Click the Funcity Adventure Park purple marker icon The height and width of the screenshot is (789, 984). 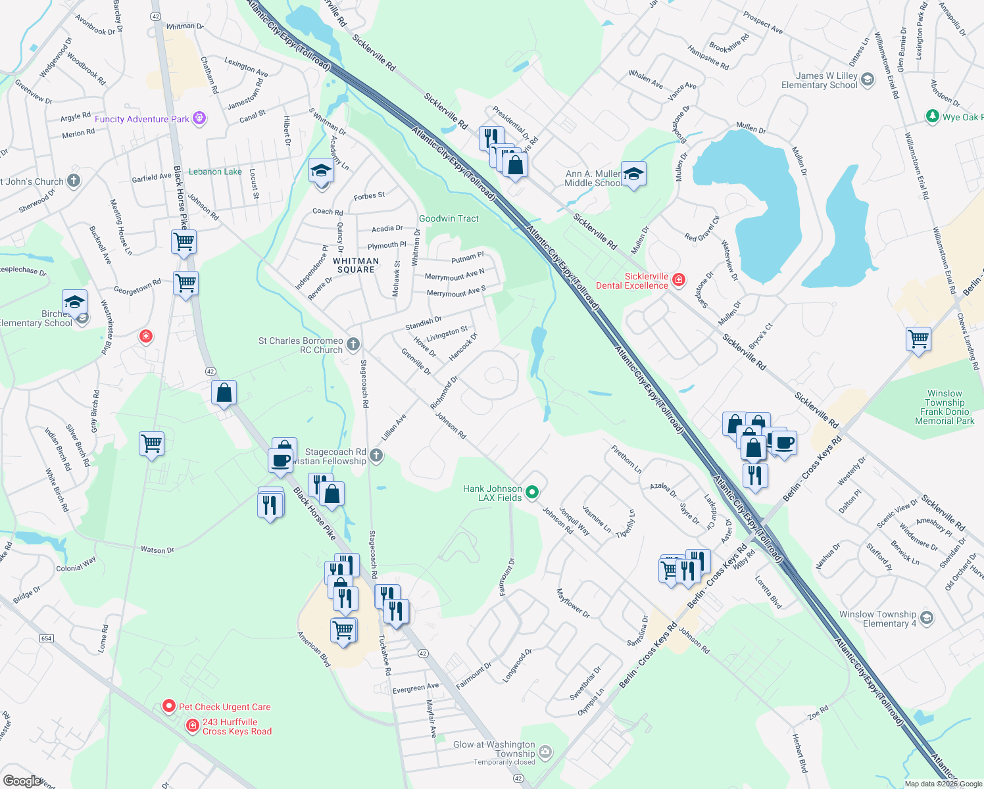199,119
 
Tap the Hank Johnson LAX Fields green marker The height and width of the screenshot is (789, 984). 533,492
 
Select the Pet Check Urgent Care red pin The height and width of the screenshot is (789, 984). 168,706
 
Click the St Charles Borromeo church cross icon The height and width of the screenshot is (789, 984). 353,345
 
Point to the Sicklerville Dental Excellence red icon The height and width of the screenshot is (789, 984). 679,281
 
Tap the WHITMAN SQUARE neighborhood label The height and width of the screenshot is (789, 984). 356,265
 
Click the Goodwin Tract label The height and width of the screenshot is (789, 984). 449,218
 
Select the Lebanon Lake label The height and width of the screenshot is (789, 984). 215,172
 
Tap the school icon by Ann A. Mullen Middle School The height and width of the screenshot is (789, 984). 633,174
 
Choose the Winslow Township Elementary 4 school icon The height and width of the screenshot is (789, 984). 927,618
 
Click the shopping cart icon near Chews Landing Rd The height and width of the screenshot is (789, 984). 918,339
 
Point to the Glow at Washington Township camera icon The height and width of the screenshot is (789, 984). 545,751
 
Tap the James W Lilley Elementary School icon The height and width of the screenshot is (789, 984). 868,80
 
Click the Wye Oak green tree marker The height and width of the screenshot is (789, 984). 932,116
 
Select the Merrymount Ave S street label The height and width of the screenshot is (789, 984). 456,291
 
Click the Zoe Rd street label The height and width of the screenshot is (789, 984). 818,713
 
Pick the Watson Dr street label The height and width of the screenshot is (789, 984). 157,550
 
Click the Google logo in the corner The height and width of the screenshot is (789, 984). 22,780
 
